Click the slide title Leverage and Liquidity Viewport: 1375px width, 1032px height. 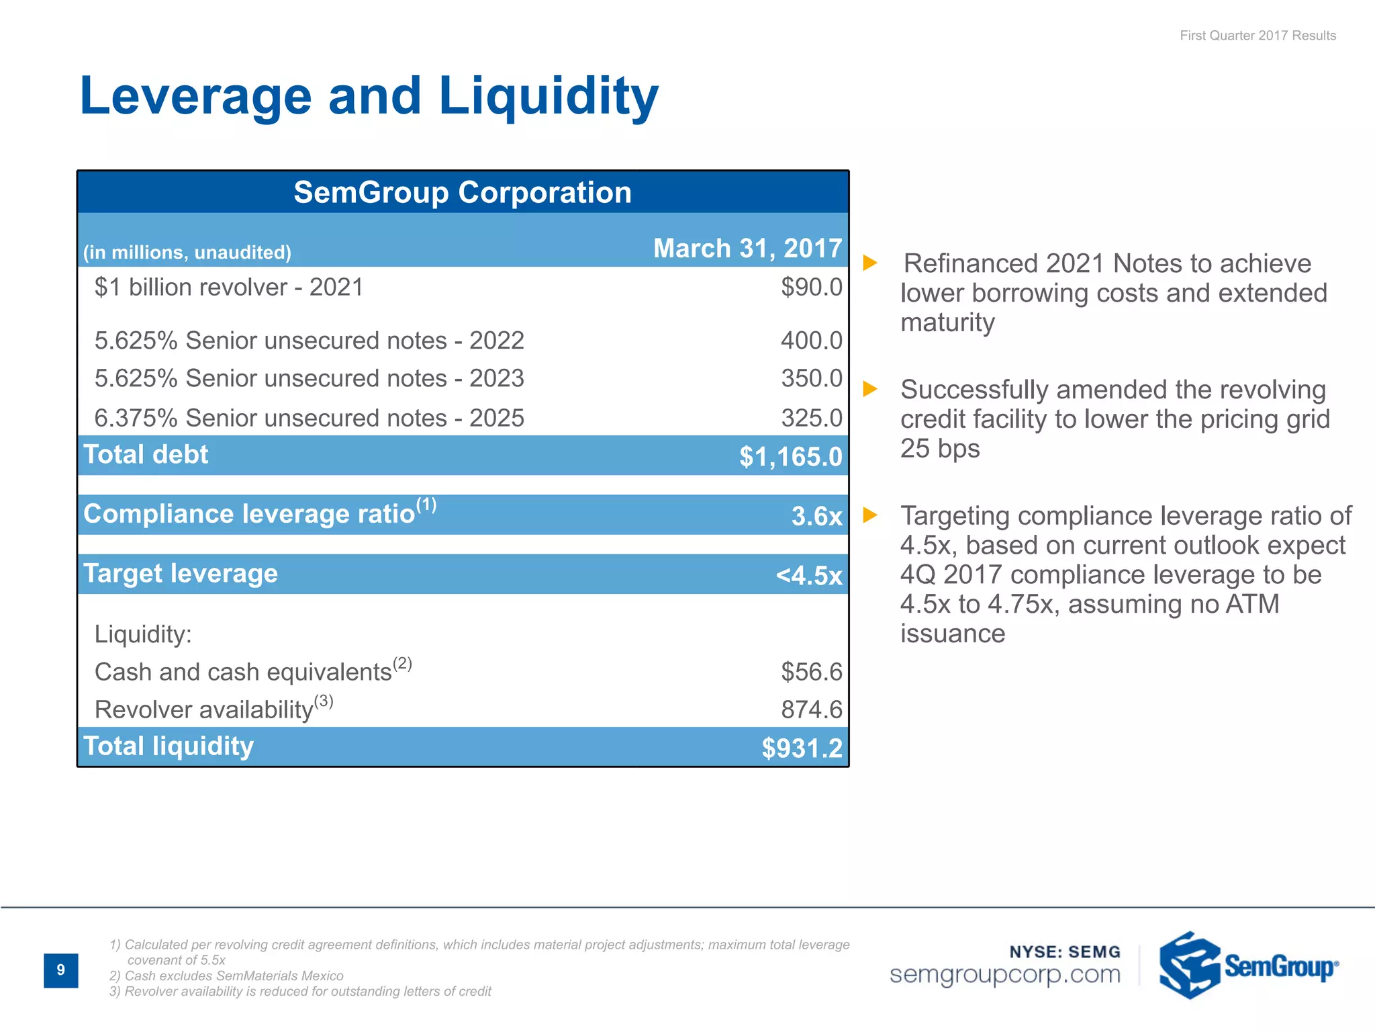point(369,96)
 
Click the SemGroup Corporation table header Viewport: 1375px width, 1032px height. point(463,193)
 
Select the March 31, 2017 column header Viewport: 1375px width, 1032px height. point(747,249)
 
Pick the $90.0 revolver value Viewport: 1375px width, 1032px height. point(811,288)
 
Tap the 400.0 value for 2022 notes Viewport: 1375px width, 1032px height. point(811,341)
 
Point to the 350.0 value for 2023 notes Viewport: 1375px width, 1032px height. point(811,378)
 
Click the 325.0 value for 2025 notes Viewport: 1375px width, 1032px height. point(811,418)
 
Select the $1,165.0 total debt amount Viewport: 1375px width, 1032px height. point(790,457)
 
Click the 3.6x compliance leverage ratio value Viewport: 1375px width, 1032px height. point(816,516)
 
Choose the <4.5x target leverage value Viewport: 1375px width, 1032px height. point(808,576)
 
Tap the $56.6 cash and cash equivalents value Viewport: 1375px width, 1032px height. point(811,672)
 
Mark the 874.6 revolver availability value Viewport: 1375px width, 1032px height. point(811,709)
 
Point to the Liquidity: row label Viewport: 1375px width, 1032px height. point(143,634)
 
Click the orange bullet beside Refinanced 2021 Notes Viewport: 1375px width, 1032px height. point(870,263)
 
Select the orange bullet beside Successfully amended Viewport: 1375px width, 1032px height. point(870,389)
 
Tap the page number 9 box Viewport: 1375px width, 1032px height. point(61,970)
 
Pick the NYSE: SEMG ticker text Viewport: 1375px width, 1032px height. point(1065,952)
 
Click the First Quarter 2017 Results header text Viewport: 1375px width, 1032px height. point(1258,36)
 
